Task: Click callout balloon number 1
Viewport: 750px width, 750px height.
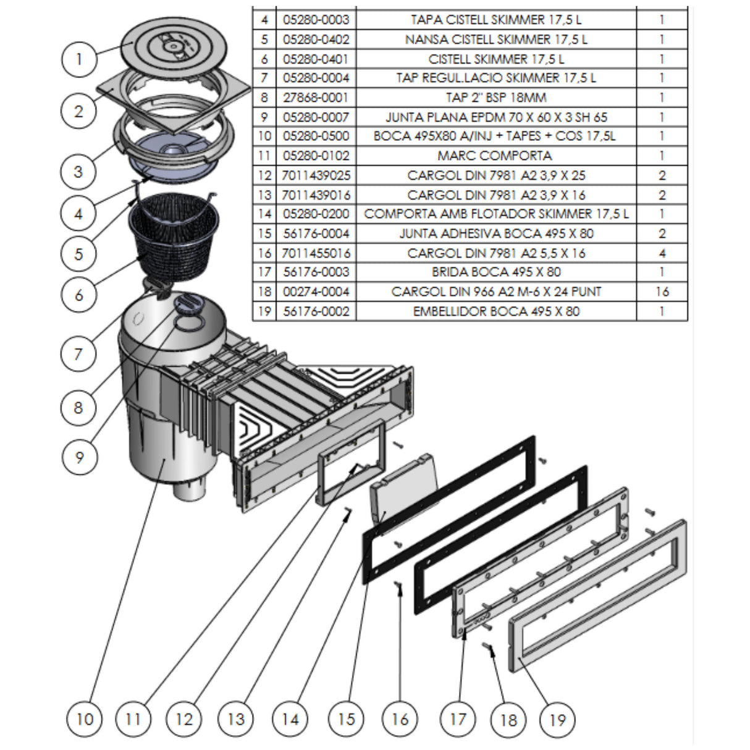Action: coord(78,60)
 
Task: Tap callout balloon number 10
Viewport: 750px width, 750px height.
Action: coord(85,718)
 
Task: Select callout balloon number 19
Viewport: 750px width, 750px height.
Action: coord(557,719)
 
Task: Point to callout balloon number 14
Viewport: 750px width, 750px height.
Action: coord(290,718)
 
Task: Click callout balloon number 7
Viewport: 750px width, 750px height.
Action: coord(78,354)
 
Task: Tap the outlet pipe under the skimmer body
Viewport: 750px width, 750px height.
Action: coord(189,491)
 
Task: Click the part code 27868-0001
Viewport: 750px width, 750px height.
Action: coord(316,98)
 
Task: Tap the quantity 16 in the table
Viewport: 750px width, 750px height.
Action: coord(662,292)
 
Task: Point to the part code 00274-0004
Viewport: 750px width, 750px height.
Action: coord(316,292)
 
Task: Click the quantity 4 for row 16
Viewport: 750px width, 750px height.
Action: coord(662,253)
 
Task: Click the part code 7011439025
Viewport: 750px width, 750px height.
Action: coord(316,175)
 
